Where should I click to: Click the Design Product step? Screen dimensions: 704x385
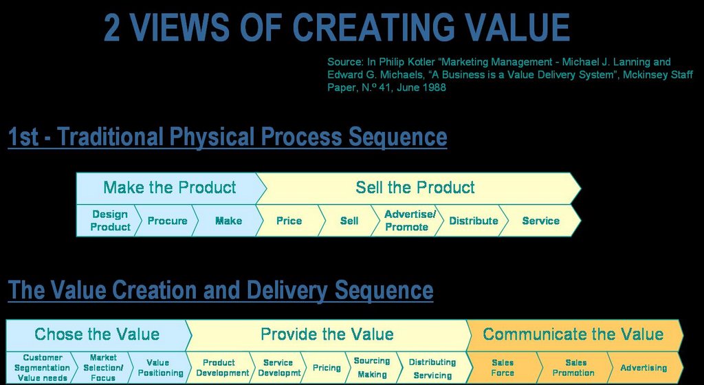(108, 220)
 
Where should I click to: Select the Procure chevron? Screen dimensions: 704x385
(166, 220)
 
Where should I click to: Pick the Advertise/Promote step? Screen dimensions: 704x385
(406, 220)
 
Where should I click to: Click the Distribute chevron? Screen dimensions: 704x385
(472, 220)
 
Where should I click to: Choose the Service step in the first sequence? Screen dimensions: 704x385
(540, 220)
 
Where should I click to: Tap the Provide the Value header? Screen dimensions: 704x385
(327, 334)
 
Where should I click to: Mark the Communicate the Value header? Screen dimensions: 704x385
(574, 334)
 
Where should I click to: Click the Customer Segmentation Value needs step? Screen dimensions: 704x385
(41, 368)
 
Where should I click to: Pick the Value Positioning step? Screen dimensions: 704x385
(159, 368)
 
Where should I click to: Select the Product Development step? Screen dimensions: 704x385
(220, 368)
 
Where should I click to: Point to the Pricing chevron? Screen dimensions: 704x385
(327, 368)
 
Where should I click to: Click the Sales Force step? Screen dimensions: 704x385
(503, 368)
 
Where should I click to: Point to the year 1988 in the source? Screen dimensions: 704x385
(434, 87)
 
